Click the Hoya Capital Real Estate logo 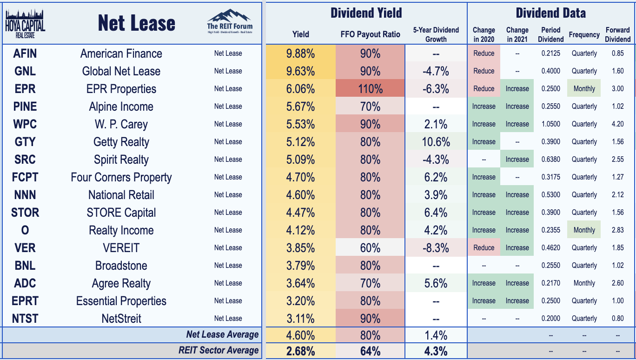click(x=25, y=24)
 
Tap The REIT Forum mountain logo click(x=230, y=21)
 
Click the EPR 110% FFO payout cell click(x=370, y=89)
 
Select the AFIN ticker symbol click(x=25, y=53)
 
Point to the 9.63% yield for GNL click(x=300, y=71)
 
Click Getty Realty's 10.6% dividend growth click(x=436, y=142)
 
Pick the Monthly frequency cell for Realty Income click(x=584, y=230)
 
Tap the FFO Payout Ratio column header click(x=370, y=34)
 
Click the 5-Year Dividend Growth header click(x=436, y=34)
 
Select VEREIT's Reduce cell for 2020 click(x=484, y=248)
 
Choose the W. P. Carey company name click(x=121, y=124)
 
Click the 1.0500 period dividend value click(x=550, y=124)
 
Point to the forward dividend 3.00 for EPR click(x=617, y=89)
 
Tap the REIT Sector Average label click(x=219, y=350)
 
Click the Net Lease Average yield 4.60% click(x=300, y=335)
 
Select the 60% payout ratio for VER click(x=370, y=248)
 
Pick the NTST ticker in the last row click(x=25, y=319)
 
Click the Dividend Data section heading click(x=550, y=13)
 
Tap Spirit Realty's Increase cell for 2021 click(x=517, y=160)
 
